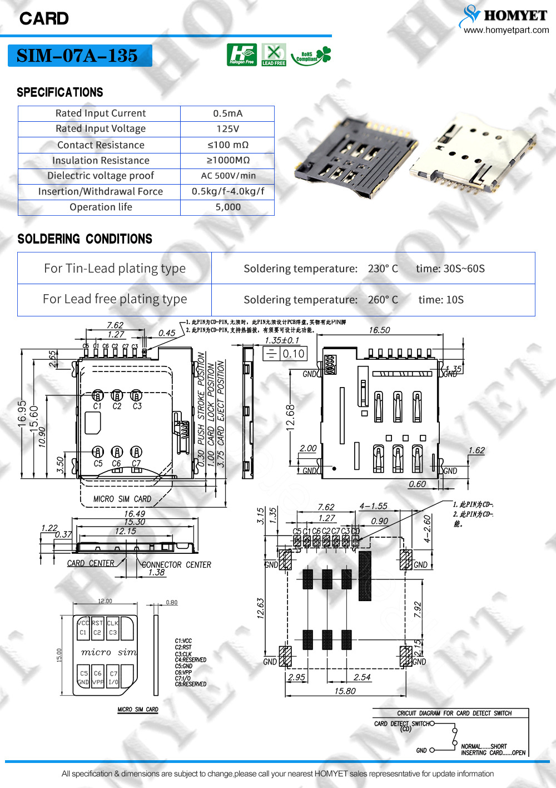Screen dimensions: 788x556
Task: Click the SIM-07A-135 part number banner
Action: pyautogui.click(x=80, y=56)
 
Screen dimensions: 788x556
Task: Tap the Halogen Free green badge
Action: pyautogui.click(x=241, y=54)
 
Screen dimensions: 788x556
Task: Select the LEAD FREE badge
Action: pyautogui.click(x=274, y=55)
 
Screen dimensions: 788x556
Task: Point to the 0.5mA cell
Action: pyautogui.click(x=227, y=113)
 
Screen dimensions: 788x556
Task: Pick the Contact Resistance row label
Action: pyautogui.click(x=101, y=145)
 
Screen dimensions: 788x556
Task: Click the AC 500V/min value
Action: pyautogui.click(x=228, y=176)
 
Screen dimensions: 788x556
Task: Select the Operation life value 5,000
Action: pyautogui.click(x=228, y=207)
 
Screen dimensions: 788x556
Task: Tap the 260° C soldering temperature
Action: pyautogui.click(x=383, y=300)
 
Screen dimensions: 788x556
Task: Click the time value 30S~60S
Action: pyautogui.click(x=450, y=269)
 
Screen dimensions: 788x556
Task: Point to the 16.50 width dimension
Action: pyautogui.click(x=379, y=330)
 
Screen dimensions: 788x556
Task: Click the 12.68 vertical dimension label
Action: pyautogui.click(x=290, y=417)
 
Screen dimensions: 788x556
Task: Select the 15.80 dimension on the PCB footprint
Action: pyautogui.click(x=345, y=691)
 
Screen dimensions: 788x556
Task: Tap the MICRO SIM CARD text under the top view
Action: pyautogui.click(x=122, y=499)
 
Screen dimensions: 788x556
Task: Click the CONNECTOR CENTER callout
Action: pyautogui.click(x=176, y=564)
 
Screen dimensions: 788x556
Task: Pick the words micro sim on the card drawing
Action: pyautogui.click(x=108, y=652)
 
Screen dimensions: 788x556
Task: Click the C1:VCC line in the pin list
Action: pyautogui.click(x=183, y=641)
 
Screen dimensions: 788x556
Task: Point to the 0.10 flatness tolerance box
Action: pyautogui.click(x=293, y=354)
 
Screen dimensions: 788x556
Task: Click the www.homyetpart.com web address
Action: pyautogui.click(x=506, y=30)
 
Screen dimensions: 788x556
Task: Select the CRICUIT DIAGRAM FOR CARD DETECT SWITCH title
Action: pyautogui.click(x=454, y=713)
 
